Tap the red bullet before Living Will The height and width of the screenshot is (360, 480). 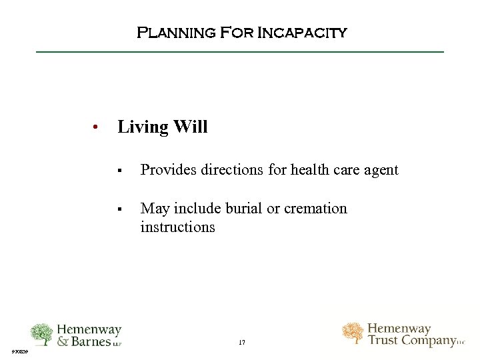97,127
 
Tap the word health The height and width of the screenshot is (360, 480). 311,170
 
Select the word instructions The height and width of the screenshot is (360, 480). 177,227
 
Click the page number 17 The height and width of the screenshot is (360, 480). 241,342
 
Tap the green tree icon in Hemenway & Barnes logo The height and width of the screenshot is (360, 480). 41,335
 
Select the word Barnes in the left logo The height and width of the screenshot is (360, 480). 91,341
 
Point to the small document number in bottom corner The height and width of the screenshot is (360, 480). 19,350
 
